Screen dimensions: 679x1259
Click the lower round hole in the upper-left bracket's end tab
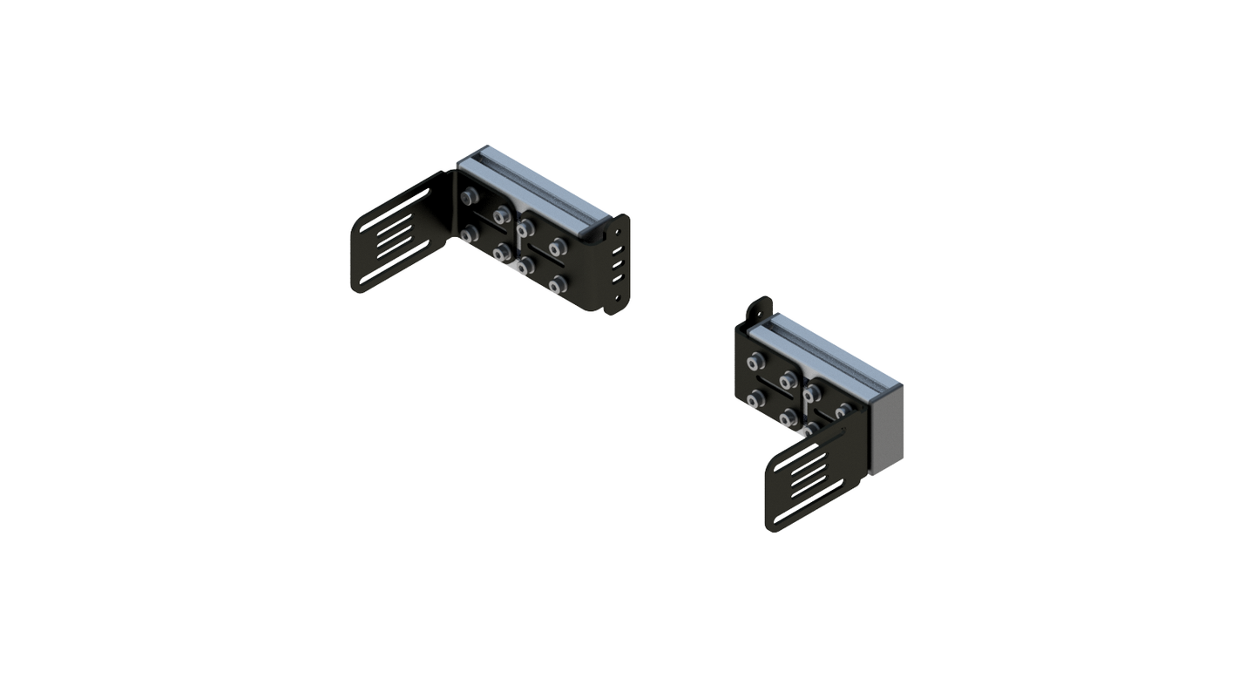pyautogui.click(x=618, y=297)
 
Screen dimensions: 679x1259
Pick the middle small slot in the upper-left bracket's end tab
pyautogui.click(x=618, y=265)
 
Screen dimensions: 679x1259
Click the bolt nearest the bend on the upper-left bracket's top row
pyautogui.click(x=470, y=197)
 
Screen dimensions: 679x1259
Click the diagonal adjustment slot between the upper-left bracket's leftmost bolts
pyautogui.click(x=485, y=224)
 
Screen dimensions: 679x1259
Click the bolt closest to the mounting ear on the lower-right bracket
pyautogui.click(x=755, y=360)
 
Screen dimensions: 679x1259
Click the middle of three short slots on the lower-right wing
pyautogui.click(x=810, y=485)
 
